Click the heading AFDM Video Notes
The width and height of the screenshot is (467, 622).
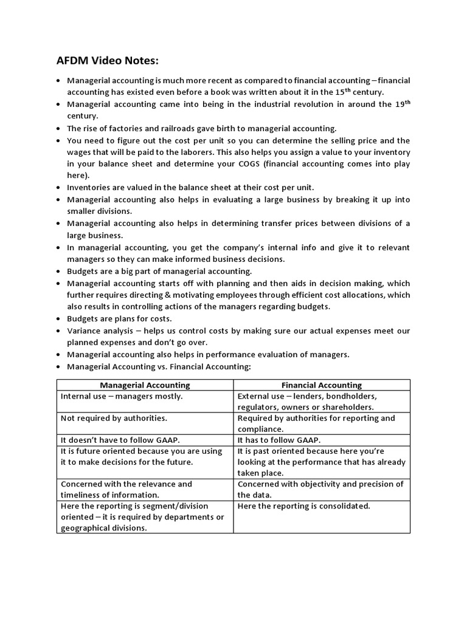(x=109, y=61)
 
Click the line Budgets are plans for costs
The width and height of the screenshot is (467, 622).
(x=120, y=319)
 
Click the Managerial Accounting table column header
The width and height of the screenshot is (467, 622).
(x=145, y=385)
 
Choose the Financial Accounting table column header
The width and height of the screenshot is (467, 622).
(x=321, y=385)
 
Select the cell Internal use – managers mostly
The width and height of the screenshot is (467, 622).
(x=122, y=396)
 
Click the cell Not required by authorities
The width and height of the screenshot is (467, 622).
(x=114, y=418)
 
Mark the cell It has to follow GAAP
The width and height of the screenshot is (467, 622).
(x=278, y=440)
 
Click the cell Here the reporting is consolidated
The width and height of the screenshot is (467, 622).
(x=303, y=506)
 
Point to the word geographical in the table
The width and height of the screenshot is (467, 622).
(x=88, y=528)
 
